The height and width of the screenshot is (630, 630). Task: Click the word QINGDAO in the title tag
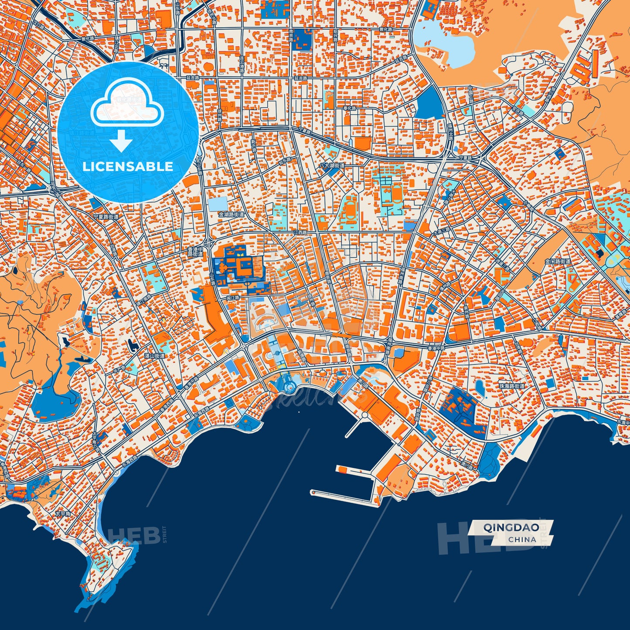click(510, 527)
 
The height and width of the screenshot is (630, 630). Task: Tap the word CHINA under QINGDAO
click(522, 539)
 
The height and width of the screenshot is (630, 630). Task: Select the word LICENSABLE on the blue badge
click(128, 167)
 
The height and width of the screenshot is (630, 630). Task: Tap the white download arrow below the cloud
click(122, 142)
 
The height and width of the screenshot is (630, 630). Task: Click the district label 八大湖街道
click(332, 166)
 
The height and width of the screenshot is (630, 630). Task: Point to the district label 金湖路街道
click(232, 214)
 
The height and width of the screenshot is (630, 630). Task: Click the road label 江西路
click(300, 232)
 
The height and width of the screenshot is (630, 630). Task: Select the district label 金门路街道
click(558, 261)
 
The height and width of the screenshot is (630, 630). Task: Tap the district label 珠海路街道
click(512, 386)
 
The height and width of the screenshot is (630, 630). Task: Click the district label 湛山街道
click(154, 356)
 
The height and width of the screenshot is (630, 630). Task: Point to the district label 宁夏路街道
click(106, 217)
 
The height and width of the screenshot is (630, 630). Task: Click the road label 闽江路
click(233, 298)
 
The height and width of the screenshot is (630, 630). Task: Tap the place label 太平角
click(63, 514)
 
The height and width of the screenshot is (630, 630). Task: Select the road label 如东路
click(285, 161)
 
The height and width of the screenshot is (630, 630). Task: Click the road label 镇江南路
click(144, 300)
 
